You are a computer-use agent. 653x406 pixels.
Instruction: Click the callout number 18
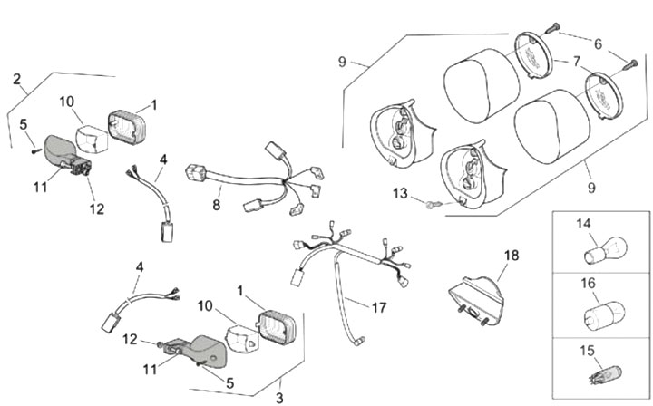tap(512, 256)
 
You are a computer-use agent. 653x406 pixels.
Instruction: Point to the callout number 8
tap(217, 206)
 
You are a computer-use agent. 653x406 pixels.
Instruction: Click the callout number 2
tap(17, 80)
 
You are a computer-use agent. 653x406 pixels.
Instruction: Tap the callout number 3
tap(279, 397)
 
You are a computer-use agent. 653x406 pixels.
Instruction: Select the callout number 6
tap(598, 43)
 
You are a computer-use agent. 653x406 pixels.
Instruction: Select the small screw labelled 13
tap(434, 206)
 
